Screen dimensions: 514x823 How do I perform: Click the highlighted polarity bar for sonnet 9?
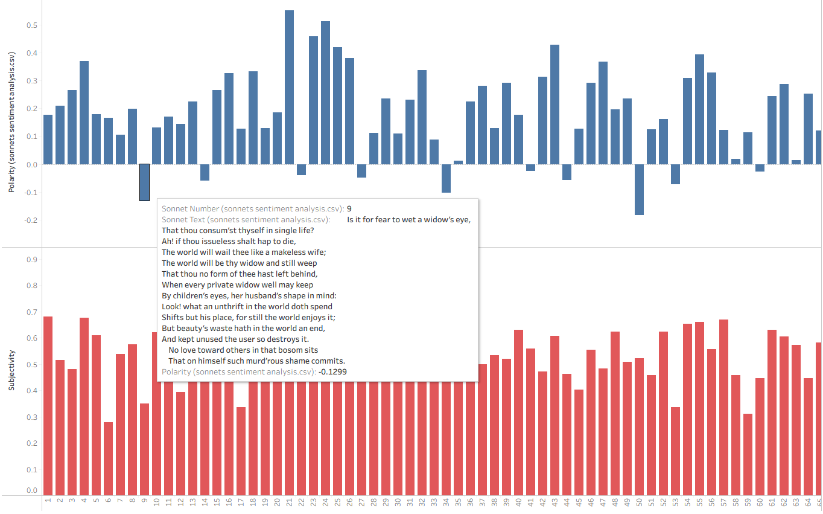coord(144,182)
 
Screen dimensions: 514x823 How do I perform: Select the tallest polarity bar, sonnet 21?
coord(289,87)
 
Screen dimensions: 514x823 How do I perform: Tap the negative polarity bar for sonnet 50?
coord(639,189)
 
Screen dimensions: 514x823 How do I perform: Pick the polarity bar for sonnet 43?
coord(554,104)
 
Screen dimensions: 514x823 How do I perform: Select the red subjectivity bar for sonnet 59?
coord(748,454)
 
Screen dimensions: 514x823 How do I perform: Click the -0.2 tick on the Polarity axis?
coord(30,220)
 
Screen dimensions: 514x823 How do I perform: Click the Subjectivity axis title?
coord(11,370)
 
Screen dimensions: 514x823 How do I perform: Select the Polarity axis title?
coord(11,123)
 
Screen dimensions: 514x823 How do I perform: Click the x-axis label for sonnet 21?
coord(289,503)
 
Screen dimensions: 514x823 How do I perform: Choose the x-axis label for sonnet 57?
coord(723,503)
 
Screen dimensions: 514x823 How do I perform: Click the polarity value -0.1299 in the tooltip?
coord(332,372)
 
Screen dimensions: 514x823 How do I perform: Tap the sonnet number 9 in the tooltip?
coord(349,209)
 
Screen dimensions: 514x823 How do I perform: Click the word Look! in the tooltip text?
coord(171,307)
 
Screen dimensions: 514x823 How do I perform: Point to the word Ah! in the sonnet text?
coord(168,242)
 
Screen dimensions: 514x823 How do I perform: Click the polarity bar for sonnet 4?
coord(84,112)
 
